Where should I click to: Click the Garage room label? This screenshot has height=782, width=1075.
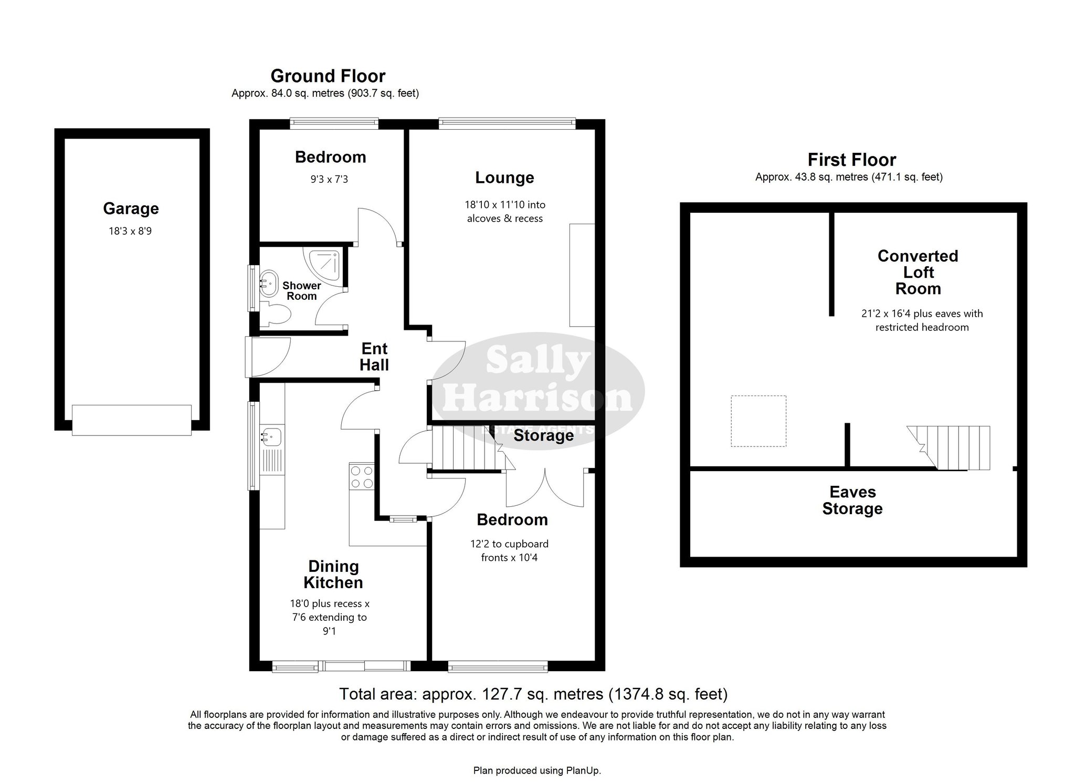point(131,208)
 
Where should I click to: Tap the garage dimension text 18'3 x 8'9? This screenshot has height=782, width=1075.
point(130,231)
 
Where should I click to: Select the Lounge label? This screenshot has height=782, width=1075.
point(504,178)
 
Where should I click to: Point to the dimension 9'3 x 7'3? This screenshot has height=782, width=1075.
point(329,179)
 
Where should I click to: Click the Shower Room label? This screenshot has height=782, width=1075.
point(302,291)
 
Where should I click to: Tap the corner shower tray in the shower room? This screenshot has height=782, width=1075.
point(326,265)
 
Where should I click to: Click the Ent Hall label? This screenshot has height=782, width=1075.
point(374,357)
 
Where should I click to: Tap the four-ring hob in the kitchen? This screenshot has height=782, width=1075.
point(362,477)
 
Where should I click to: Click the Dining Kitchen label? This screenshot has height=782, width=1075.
point(333,574)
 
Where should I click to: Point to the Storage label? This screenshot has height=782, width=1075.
point(543,435)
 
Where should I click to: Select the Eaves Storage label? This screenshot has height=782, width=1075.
point(852,500)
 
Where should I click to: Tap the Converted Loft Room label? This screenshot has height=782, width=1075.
point(918,272)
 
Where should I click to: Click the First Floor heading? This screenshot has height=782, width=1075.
point(852,160)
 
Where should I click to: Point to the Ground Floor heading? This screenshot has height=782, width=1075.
point(328,76)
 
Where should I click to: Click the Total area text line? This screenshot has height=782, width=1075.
point(533,694)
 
